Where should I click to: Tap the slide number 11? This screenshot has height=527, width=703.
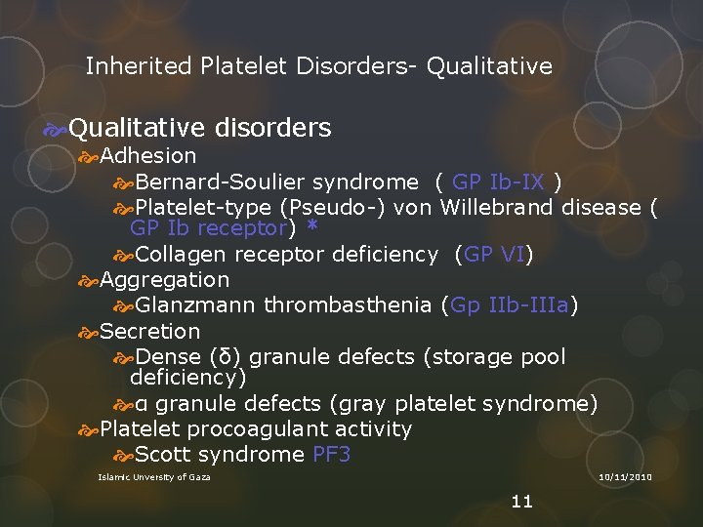[522, 502]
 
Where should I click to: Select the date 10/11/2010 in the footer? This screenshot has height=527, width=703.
[625, 476]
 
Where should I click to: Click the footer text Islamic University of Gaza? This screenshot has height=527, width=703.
[154, 476]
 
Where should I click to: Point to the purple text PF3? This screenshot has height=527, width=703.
[332, 455]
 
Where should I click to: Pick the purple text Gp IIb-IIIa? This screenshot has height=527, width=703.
[509, 305]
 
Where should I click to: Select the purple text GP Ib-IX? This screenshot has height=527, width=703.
[499, 182]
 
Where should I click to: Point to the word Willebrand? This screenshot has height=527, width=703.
[499, 207]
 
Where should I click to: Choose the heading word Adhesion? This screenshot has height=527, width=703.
[148, 156]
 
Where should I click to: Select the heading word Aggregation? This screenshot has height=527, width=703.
[165, 280]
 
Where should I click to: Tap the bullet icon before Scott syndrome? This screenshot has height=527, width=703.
[123, 455]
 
